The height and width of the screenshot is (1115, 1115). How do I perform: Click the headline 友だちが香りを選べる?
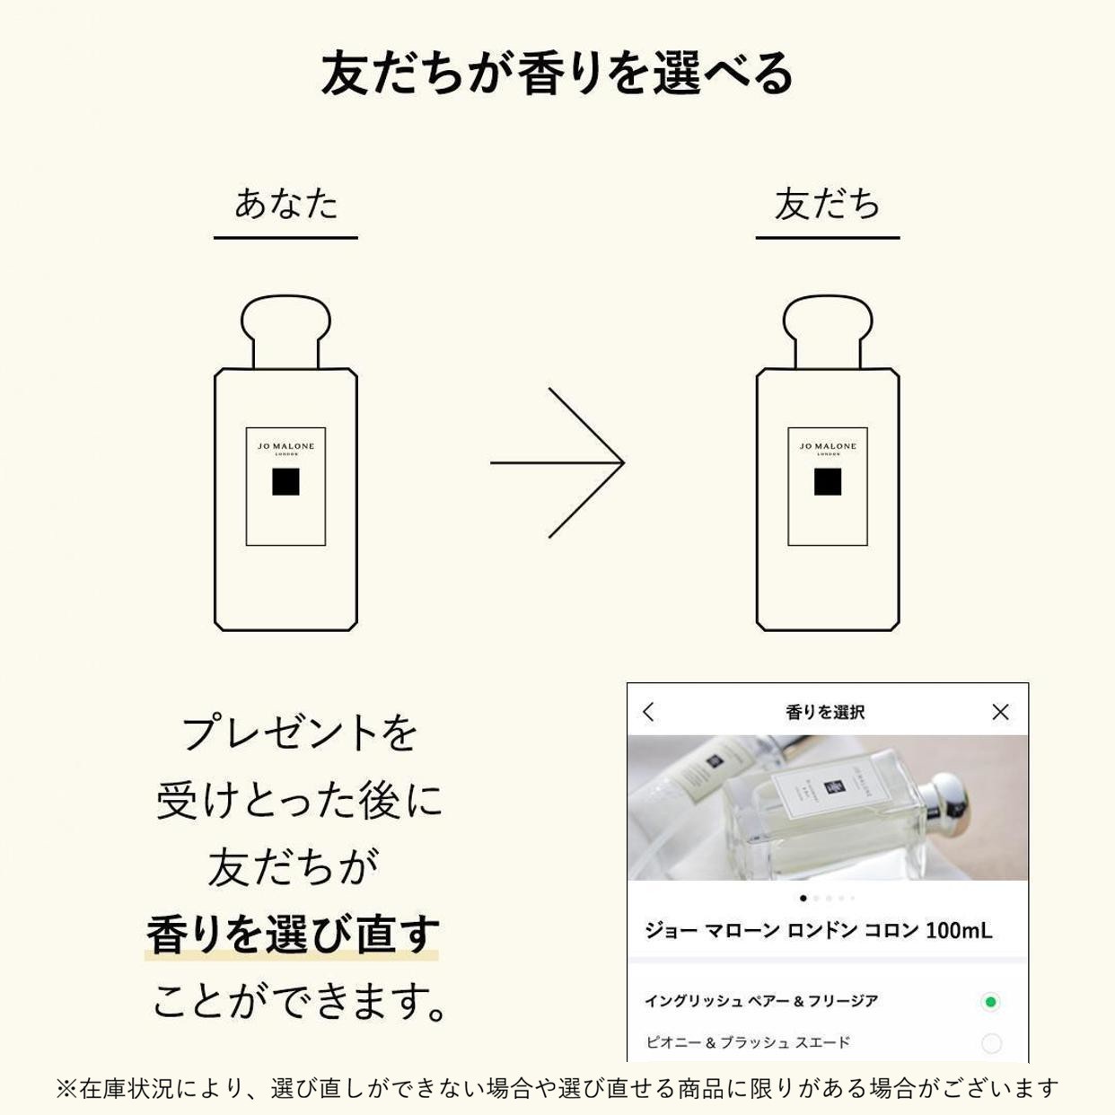click(557, 74)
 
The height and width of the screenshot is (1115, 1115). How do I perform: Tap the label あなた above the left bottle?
click(285, 205)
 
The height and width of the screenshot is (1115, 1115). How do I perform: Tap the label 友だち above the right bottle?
click(828, 205)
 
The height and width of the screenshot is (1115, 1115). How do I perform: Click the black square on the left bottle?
click(285, 482)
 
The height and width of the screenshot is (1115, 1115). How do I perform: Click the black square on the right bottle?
click(828, 482)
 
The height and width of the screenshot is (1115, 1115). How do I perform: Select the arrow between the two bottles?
click(557, 463)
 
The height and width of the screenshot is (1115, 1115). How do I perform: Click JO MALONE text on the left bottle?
click(285, 446)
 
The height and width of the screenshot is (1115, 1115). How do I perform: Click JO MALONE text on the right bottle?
click(828, 446)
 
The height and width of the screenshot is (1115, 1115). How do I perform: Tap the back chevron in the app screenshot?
click(649, 712)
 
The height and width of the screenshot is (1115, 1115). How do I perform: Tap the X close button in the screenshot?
click(1000, 712)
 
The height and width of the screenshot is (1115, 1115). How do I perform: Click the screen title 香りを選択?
click(825, 712)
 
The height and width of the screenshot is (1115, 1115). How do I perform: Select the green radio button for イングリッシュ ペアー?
click(990, 1002)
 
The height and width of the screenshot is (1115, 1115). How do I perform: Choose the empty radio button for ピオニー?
click(991, 1043)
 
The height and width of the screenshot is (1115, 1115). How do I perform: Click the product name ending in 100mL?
click(819, 930)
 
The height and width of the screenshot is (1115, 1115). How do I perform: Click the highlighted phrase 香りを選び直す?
click(292, 934)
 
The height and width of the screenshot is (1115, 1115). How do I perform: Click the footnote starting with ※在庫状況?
click(557, 1088)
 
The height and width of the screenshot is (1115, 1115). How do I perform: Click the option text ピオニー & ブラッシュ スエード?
click(748, 1042)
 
